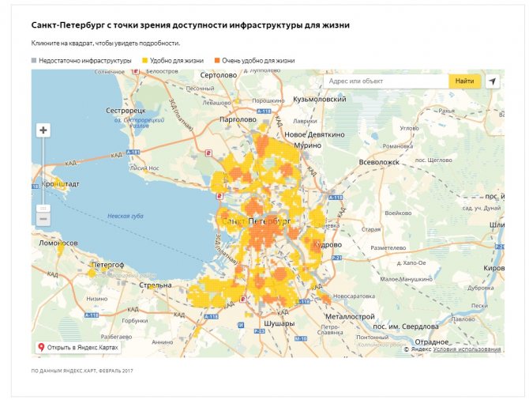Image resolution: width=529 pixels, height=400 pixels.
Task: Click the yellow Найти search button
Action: pyautogui.click(x=464, y=81)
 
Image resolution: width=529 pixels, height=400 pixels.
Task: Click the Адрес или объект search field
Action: pyautogui.click(x=385, y=81)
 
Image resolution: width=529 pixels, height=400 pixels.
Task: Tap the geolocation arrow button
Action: pyautogui.click(x=493, y=81)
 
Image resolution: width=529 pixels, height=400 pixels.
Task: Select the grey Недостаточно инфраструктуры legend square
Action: pyautogui.click(x=34, y=60)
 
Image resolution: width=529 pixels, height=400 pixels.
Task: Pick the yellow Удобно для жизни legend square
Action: pyautogui.click(x=144, y=60)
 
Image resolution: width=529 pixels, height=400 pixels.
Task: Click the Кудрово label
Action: pyautogui.click(x=326, y=245)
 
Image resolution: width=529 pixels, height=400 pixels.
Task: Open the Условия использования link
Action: pyautogui.click(x=467, y=349)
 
